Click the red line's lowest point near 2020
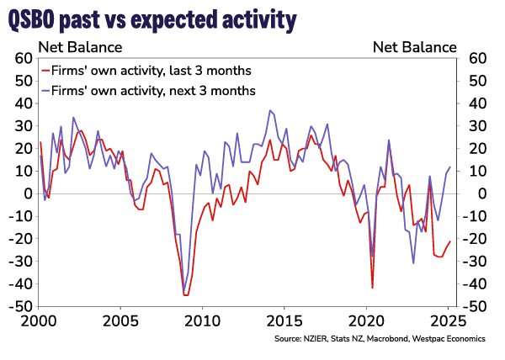[x=372, y=289]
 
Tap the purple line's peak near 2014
[x=270, y=110]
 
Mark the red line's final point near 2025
[x=450, y=241]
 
